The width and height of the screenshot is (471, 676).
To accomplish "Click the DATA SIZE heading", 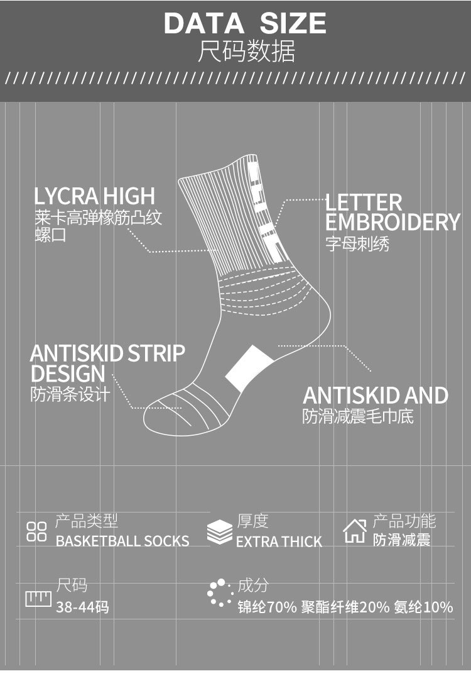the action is [245, 24].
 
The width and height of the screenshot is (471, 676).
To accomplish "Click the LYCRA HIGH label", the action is [94, 196].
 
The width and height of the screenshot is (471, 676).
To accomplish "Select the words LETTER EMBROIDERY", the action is [392, 212].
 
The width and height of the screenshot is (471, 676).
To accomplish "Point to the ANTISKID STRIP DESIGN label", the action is [107, 363].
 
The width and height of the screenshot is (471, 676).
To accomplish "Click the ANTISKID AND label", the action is [375, 396].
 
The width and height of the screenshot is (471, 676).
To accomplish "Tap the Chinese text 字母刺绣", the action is [357, 244].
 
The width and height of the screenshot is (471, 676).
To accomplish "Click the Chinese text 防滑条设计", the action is [70, 395].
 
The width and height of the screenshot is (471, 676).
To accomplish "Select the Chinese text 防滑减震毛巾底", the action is [358, 416].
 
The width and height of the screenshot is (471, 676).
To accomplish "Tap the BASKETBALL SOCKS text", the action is [122, 541].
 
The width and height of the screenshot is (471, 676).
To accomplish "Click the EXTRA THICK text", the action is [279, 541].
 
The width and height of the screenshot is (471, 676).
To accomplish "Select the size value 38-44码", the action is [82, 607].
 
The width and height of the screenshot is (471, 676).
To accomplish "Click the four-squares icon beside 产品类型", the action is [36, 531].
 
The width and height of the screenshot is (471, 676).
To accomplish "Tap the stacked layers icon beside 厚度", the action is [219, 532].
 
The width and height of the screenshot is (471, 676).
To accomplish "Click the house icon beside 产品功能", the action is [355, 531].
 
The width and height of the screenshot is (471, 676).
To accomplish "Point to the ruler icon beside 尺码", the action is [38, 598].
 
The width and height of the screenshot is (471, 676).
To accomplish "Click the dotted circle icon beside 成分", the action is [220, 594].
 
